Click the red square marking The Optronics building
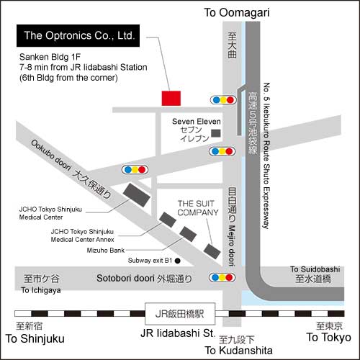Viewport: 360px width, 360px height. click(171, 98)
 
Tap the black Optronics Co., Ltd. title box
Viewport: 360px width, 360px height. click(78, 35)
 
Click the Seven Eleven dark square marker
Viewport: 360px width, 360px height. click(216, 133)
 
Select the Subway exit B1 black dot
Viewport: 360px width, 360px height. click(178, 261)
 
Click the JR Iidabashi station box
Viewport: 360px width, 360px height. click(180, 314)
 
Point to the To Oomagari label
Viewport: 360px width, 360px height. click(237, 12)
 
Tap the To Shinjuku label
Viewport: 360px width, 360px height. click(35, 339)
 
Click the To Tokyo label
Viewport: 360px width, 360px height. click(329, 338)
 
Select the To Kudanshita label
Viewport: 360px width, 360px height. click(239, 351)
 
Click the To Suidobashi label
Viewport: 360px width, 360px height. click(315, 269)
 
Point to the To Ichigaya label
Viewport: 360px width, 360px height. click(41, 290)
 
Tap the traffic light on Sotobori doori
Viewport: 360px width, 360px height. click(222, 278)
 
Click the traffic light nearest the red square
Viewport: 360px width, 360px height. click(223, 100)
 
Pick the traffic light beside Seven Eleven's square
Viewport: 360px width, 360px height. click(222, 151)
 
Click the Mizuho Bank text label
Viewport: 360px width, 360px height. click(106, 251)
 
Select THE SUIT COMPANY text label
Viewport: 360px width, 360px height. click(198, 208)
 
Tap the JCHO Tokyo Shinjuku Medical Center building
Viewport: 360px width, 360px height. click(137, 195)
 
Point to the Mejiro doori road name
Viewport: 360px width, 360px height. click(231, 246)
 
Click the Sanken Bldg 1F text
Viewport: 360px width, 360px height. click(50, 57)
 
